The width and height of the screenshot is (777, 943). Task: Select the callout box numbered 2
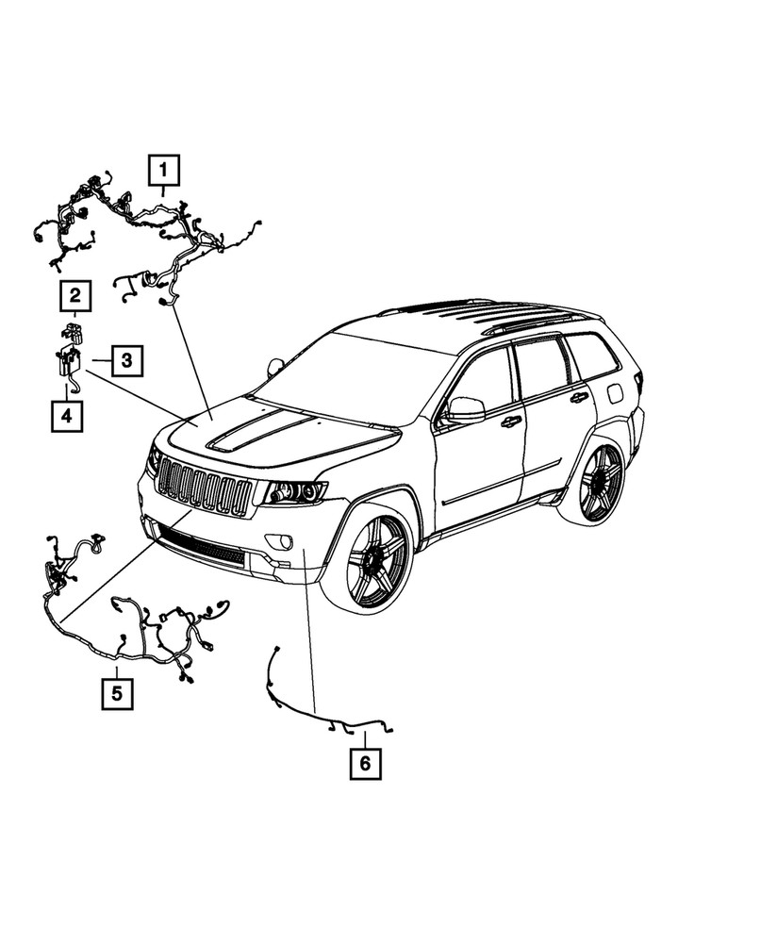click(76, 298)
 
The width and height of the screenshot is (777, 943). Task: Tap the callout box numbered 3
click(125, 360)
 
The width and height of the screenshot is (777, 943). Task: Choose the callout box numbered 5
click(117, 695)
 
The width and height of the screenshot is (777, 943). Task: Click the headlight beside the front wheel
click(294, 491)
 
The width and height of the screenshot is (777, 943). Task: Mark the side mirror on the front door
click(464, 409)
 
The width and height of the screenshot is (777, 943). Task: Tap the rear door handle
click(578, 398)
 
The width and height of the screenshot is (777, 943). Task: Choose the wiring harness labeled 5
click(132, 622)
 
